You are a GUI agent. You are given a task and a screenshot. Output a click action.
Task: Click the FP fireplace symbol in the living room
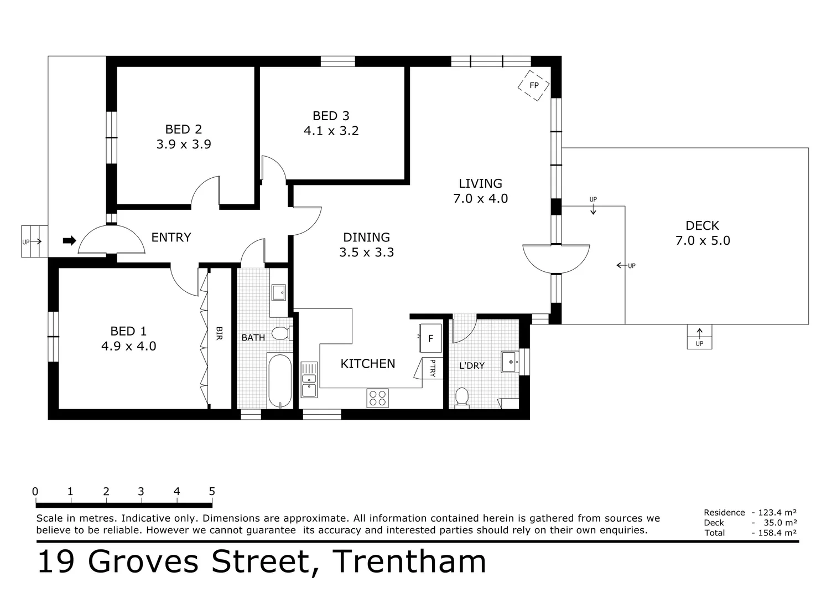(x=533, y=85)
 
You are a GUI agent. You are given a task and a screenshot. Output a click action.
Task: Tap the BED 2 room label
(x=184, y=130)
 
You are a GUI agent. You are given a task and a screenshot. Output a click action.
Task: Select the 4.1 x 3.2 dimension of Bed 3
(x=331, y=131)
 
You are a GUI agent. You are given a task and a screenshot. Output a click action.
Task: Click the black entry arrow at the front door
(x=69, y=240)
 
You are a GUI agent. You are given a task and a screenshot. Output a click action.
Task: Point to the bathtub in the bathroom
(x=279, y=381)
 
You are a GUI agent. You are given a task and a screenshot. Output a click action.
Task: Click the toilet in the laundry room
(x=461, y=397)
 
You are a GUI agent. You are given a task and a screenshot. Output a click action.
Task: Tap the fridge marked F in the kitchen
(x=430, y=338)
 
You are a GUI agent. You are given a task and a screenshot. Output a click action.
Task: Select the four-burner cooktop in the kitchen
(x=377, y=398)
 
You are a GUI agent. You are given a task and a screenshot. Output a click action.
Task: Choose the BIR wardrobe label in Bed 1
(x=219, y=333)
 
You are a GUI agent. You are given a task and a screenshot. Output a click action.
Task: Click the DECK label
(x=702, y=225)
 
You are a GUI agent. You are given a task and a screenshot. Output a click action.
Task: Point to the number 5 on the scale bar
(x=212, y=491)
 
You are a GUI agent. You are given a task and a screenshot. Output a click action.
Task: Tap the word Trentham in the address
(x=409, y=561)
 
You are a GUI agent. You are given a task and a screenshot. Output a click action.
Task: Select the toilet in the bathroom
(x=282, y=333)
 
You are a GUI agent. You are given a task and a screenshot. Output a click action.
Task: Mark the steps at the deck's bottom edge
(x=699, y=337)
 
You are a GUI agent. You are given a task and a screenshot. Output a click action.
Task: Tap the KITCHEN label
(x=367, y=364)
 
